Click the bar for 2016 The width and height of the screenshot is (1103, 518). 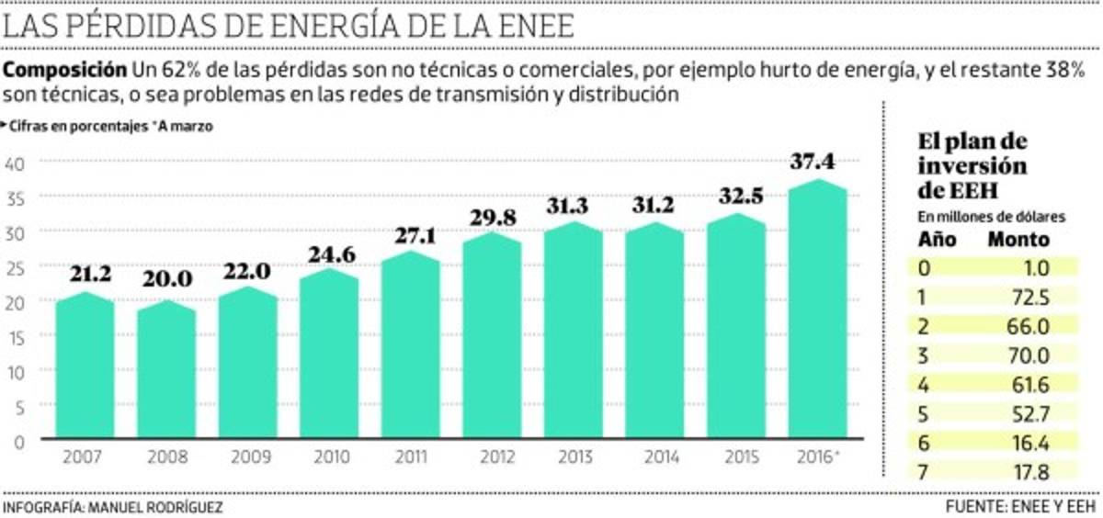coord(818,312)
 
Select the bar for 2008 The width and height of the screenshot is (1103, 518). coord(165,372)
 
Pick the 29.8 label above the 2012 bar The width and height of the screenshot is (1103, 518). coord(491,216)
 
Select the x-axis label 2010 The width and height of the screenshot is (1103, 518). coord(329,456)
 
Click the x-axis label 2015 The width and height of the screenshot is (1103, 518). coord(735,456)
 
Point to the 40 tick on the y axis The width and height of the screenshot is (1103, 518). coord(17,163)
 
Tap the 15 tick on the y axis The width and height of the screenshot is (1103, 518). coord(17,336)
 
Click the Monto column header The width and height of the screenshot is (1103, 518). coord(1018,240)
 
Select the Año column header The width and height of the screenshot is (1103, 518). coord(938,240)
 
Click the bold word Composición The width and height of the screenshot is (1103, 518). coord(65,70)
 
